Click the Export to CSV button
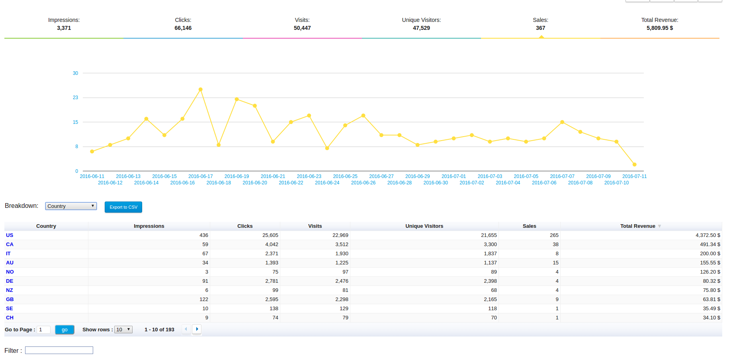pos(123,207)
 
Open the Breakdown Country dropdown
pos(71,206)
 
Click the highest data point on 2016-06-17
pos(200,90)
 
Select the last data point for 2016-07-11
pos(634,164)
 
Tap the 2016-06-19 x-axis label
pos(236,176)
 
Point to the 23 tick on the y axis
pos(75,98)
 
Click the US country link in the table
pos(10,235)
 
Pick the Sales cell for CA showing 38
pos(555,245)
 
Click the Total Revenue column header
pos(637,226)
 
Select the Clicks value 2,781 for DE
pos(272,281)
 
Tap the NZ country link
pos(10,290)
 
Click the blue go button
pos(64,330)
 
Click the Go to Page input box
pos(43,330)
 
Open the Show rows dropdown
pos(123,330)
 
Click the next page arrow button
pos(197,329)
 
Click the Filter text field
pos(59,350)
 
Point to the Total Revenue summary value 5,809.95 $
pos(660,28)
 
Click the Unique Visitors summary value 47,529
pos(421,28)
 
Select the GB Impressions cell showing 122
pos(204,299)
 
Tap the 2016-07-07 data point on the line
pos(562,122)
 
